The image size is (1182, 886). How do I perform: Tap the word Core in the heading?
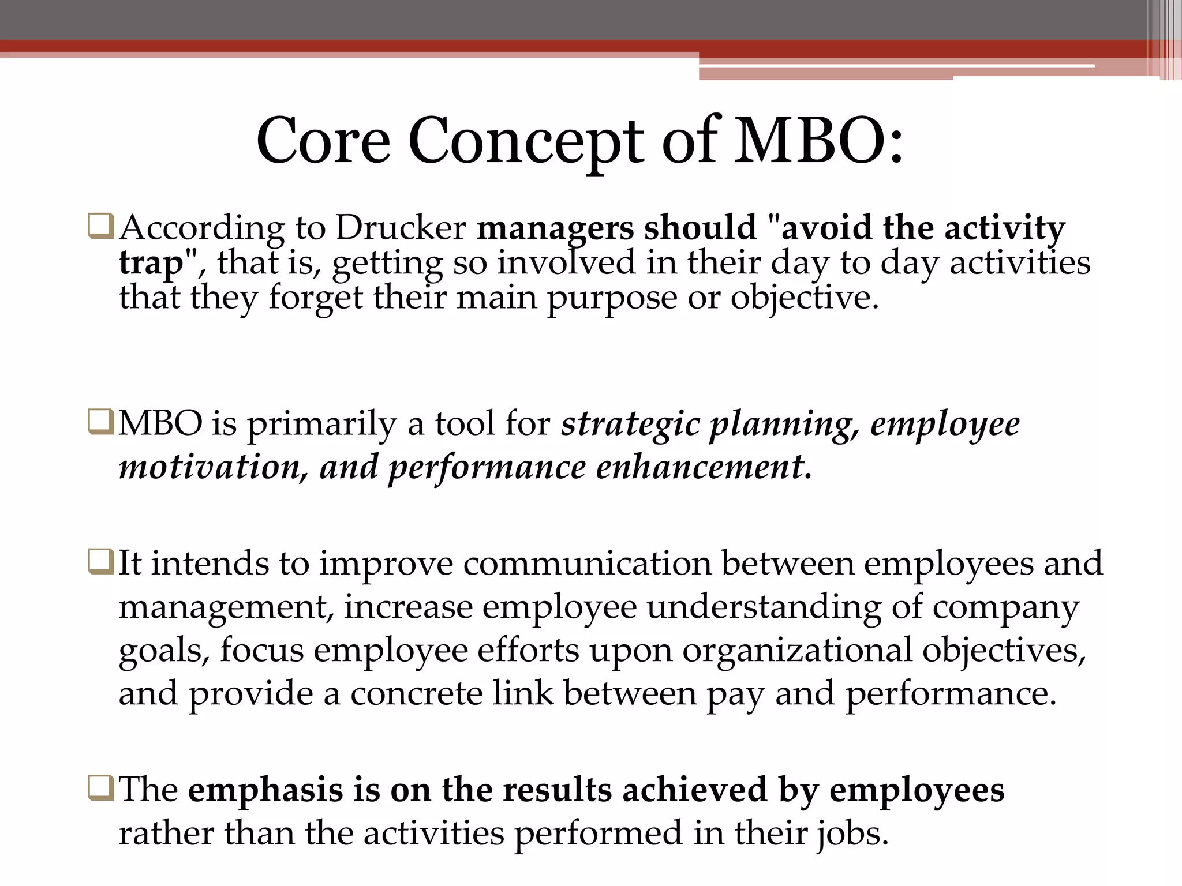coord(323,141)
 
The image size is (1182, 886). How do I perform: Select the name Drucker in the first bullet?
coord(401,228)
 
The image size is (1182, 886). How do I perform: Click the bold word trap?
coord(151,264)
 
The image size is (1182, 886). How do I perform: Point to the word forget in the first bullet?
coord(316,298)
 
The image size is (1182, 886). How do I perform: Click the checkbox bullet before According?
coord(101,227)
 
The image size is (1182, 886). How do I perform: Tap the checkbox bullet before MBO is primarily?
coord(101,422)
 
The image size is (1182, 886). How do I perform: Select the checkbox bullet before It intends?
coord(101,562)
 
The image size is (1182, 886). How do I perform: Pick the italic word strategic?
coord(630,425)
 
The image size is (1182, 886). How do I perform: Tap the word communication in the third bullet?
coord(587,564)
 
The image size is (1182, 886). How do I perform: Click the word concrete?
coord(416,693)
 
